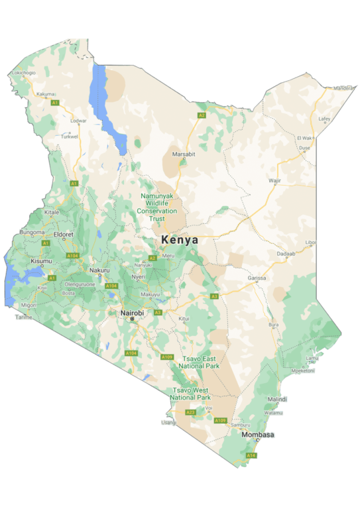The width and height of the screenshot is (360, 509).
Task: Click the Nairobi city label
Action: click(132, 312)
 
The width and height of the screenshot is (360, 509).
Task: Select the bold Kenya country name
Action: click(180, 240)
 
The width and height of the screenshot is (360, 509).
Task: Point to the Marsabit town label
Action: click(184, 154)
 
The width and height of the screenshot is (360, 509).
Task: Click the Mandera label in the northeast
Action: click(344, 87)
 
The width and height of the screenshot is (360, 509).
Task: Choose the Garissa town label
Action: click(257, 279)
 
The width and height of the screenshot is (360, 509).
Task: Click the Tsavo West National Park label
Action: click(190, 394)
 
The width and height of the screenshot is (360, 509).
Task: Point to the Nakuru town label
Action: click(99, 270)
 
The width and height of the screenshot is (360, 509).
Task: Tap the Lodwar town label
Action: click(78, 121)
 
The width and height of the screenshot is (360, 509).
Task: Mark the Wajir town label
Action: click(274, 180)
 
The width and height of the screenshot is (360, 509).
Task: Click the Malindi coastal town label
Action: click(277, 400)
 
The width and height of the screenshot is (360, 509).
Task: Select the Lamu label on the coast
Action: click(312, 358)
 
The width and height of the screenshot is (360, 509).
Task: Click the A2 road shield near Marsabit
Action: click(202, 115)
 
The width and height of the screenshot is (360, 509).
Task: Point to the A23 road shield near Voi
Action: click(191, 412)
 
